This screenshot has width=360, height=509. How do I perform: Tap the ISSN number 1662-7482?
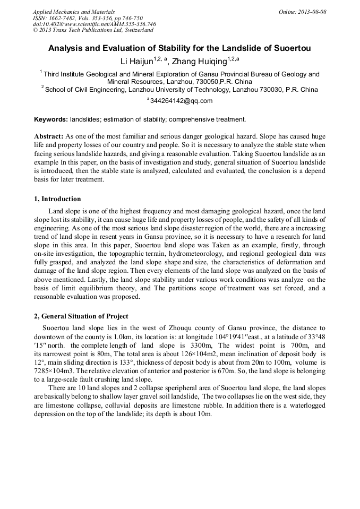[63, 18]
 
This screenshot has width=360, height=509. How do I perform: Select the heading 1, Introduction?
[57, 200]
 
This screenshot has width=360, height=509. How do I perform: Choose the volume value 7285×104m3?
[52, 368]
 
